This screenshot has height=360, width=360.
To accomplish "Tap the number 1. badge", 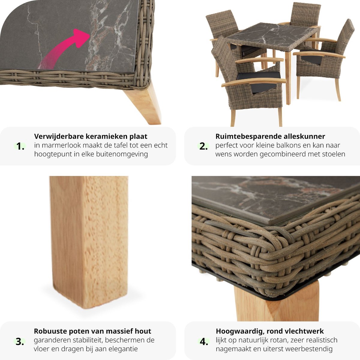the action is (x=20, y=146).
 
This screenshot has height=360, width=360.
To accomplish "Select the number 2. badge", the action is (x=203, y=146).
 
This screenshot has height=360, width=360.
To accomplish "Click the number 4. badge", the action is (x=204, y=342).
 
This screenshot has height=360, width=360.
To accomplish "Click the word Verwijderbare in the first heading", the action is (x=59, y=136).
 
